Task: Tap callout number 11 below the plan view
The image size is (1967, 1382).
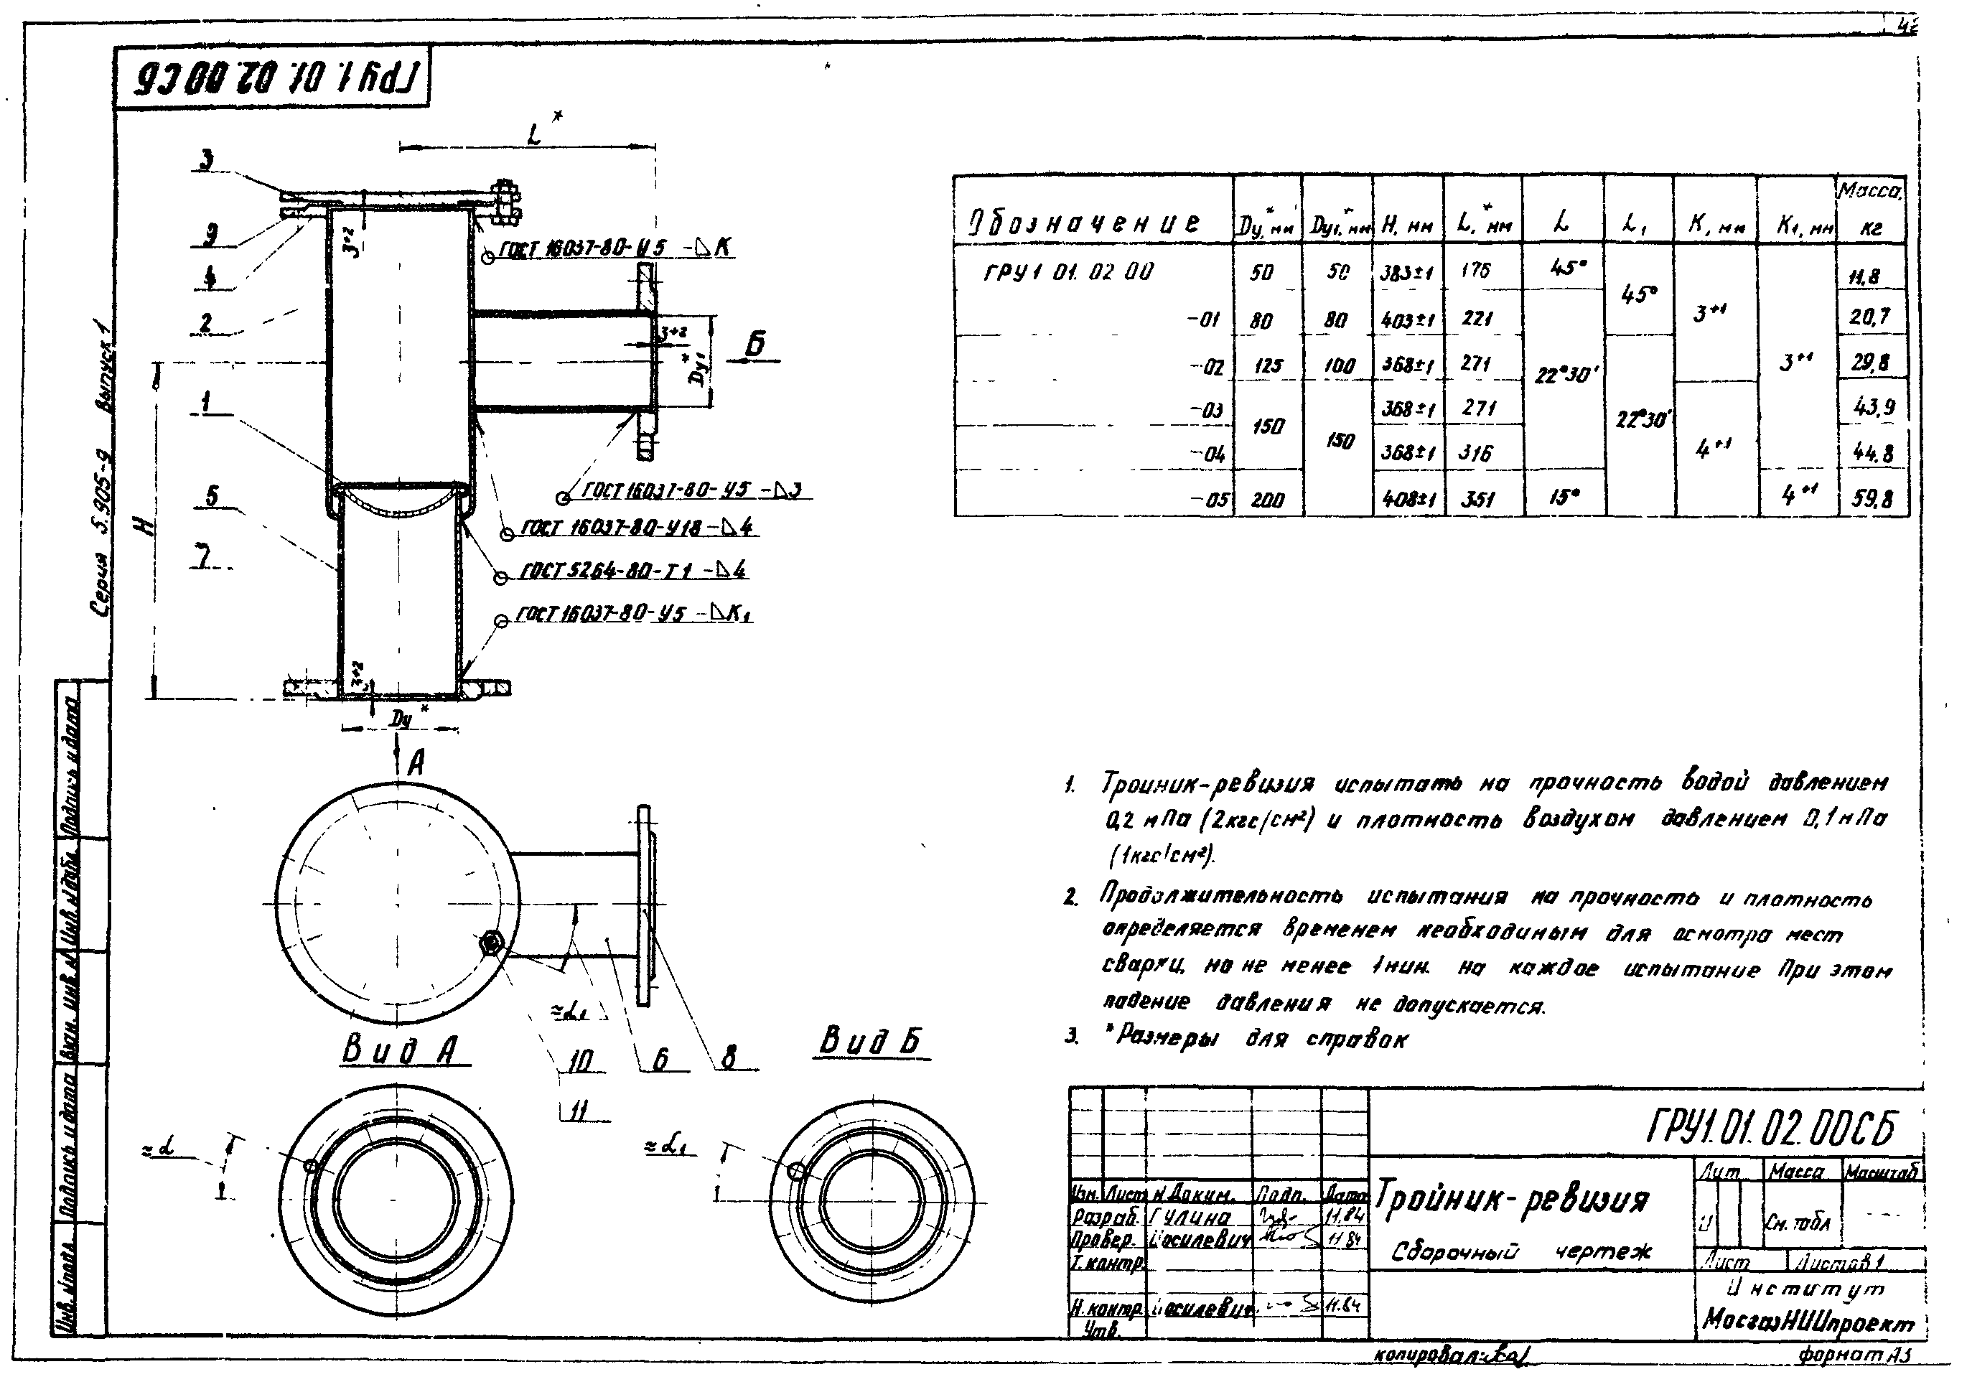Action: coord(580,1111)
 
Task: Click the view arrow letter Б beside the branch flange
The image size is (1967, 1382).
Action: coord(754,345)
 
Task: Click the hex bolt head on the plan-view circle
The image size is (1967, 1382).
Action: coord(491,943)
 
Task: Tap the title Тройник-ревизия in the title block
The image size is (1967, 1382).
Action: coord(1511,1200)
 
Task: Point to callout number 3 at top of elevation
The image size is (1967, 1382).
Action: coord(207,160)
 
